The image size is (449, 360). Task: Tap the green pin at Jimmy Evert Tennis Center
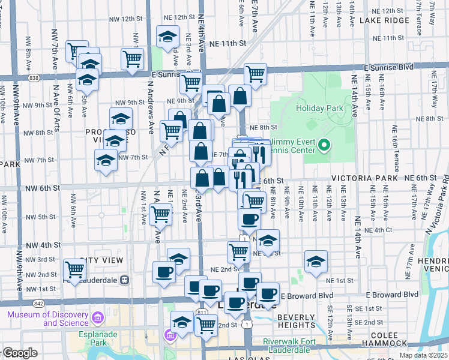pyautogui.click(x=324, y=145)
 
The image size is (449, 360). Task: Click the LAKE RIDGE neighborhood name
pyautogui.click(x=384, y=20)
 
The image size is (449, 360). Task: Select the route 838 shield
pyautogui.click(x=34, y=77)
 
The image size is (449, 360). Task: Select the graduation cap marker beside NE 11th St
pyautogui.click(x=167, y=36)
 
